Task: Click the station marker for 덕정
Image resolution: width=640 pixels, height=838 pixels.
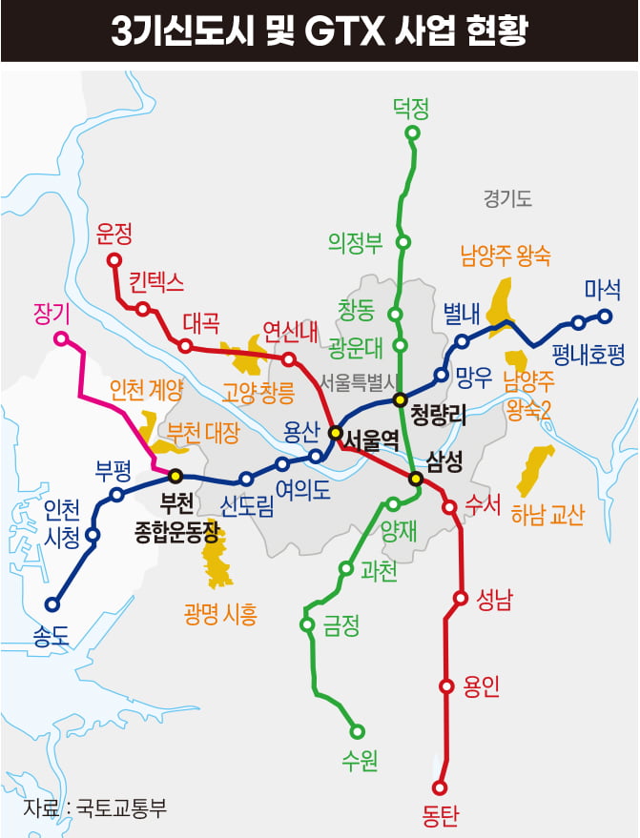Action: pyautogui.click(x=412, y=133)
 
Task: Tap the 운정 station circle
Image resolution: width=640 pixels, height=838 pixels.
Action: pyautogui.click(x=114, y=259)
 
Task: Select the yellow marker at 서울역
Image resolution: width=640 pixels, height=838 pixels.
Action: pyautogui.click(x=335, y=432)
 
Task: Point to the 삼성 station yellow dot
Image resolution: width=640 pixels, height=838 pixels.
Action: pyautogui.click(x=415, y=478)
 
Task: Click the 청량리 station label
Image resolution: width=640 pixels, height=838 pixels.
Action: pyautogui.click(x=437, y=416)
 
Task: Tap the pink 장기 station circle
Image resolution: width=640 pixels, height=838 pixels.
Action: pyautogui.click(x=61, y=338)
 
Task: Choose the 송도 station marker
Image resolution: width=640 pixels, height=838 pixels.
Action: pyautogui.click(x=52, y=604)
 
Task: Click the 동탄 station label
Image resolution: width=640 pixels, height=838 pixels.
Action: pyautogui.click(x=440, y=815)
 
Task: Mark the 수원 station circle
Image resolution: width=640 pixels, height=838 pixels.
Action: pyautogui.click(x=358, y=732)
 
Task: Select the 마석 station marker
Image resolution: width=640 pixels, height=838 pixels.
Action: pyautogui.click(x=604, y=316)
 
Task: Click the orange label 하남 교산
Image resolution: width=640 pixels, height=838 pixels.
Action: pyautogui.click(x=547, y=515)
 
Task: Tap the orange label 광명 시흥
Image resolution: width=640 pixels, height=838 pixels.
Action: pyautogui.click(x=220, y=614)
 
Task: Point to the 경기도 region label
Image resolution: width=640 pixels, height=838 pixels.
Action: pyautogui.click(x=506, y=199)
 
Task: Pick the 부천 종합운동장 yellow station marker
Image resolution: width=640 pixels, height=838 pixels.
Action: pyautogui.click(x=175, y=475)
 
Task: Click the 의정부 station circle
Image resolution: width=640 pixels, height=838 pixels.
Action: pyautogui.click(x=403, y=242)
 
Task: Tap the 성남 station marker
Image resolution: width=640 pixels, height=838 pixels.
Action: pyautogui.click(x=461, y=599)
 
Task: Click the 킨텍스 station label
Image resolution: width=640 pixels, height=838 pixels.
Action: pyautogui.click(x=157, y=282)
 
